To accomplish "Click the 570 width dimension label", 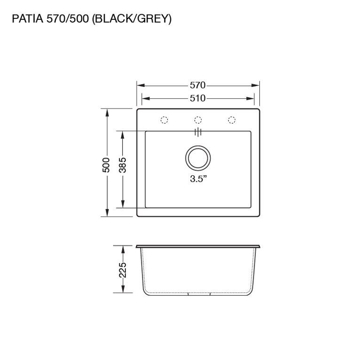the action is coord(197,86).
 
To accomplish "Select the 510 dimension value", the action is coord(197,99).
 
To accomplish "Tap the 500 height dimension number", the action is coord(106,165).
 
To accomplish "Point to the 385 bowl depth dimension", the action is coord(123,165).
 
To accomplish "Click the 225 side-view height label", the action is coord(123,270).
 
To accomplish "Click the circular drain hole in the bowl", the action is coord(198,158).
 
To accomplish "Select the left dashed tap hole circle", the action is coord(164,120).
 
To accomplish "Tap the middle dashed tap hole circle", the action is coord(198,120).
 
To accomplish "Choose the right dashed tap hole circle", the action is coord(232,120).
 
